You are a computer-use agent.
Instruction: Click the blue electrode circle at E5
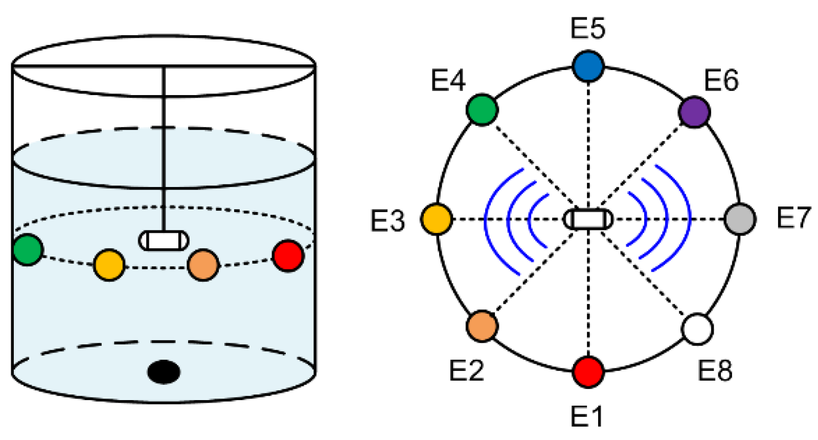[588, 66]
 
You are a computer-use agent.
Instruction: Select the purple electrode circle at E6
[694, 111]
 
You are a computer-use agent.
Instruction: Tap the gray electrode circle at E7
[740, 219]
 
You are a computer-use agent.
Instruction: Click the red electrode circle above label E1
[588, 372]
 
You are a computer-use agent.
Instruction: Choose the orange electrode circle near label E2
[482, 326]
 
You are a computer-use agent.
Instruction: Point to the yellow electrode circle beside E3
[437, 219]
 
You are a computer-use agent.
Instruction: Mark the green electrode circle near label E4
[482, 109]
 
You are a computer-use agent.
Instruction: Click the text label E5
[588, 28]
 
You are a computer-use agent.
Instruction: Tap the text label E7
[793, 218]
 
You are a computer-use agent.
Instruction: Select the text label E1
[587, 416]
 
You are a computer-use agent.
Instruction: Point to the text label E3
[388, 221]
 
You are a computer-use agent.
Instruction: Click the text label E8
[715, 370]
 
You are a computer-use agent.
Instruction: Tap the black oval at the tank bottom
[164, 372]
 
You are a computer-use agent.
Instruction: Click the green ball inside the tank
[28, 250]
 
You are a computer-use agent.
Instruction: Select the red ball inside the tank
[288, 256]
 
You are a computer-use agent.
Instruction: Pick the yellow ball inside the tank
[109, 265]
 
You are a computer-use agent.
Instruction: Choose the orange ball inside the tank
[203, 265]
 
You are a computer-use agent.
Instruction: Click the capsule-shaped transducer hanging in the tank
[164, 241]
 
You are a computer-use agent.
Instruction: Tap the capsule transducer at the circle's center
[588, 219]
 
